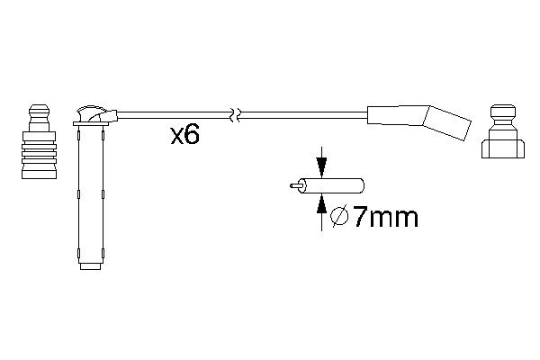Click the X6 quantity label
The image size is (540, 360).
tap(184, 135)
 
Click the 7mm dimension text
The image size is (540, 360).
tap(386, 217)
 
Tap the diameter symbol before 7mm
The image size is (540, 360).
tap(339, 216)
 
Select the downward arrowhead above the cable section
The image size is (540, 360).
tap(321, 167)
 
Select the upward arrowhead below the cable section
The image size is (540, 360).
tap(321, 203)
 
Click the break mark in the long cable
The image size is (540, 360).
tap(236, 115)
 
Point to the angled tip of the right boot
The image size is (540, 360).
tap(447, 122)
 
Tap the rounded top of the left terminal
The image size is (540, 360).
tap(39, 112)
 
